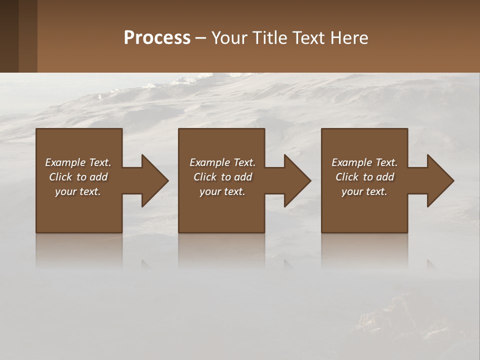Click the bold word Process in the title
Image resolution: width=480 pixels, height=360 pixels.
point(157,38)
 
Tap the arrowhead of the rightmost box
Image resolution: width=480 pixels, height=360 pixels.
point(439,180)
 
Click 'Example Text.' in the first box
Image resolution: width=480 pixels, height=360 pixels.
point(78,162)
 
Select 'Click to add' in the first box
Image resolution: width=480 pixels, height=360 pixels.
point(78,177)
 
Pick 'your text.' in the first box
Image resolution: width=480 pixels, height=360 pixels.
point(78,191)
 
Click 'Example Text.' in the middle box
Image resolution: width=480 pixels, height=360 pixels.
point(222,162)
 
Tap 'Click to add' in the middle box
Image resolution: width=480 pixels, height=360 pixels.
point(222,177)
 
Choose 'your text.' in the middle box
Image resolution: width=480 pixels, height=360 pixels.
point(222,191)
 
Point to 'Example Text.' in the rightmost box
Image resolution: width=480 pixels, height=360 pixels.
point(364,162)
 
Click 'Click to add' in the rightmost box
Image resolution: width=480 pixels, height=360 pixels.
point(364,177)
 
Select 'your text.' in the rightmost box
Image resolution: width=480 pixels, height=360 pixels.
point(364,191)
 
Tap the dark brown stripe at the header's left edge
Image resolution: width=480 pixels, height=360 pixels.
point(9,36)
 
